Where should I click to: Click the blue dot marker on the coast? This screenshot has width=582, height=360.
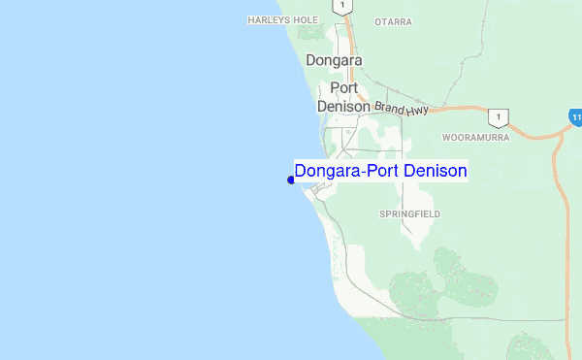[291, 180]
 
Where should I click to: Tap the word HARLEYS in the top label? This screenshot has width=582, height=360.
[266, 19]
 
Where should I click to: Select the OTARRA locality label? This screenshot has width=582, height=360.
[394, 21]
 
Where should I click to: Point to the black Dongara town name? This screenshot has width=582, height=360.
[334, 60]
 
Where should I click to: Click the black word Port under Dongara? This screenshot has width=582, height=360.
[345, 87]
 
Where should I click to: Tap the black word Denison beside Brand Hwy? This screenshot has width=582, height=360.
[343, 107]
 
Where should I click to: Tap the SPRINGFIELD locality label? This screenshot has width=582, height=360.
[410, 213]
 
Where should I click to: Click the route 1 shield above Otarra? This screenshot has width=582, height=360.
[341, 6]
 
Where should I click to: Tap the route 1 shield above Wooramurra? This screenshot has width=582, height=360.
[499, 116]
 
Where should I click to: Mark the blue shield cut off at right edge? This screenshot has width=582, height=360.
[576, 116]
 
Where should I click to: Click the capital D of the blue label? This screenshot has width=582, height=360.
[301, 172]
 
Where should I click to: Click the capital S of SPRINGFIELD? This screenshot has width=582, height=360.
[382, 213]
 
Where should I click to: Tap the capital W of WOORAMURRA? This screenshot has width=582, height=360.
[446, 138]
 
